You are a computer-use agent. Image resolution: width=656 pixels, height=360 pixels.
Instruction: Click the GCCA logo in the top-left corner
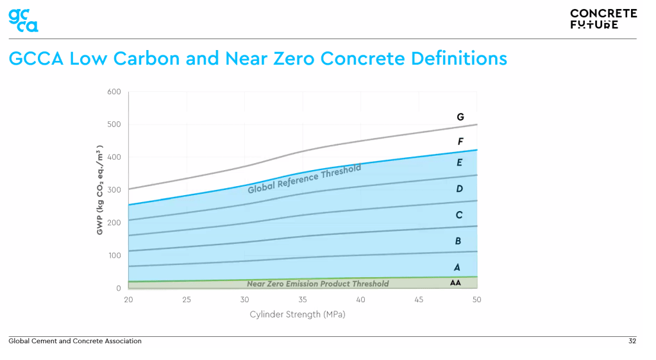23,19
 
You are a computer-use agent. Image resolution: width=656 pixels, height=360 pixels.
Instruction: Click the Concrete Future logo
603,19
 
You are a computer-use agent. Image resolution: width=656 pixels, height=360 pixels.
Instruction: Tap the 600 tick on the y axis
114,92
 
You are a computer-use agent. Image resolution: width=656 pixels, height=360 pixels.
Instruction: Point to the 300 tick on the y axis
114,190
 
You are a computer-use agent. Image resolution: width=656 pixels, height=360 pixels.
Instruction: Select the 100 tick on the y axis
114,255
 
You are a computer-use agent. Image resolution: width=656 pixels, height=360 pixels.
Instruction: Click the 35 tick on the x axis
303,300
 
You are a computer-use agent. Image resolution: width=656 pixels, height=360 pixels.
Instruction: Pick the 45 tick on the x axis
419,300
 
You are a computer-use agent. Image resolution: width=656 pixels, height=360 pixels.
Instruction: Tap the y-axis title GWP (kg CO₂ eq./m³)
101,189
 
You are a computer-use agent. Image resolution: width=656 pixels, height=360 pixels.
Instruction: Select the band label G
460,117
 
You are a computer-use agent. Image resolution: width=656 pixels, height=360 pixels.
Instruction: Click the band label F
460,141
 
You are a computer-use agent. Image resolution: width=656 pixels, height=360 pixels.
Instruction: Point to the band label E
459,163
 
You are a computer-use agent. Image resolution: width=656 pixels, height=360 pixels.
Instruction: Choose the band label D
459,189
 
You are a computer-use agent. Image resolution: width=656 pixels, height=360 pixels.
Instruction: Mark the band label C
459,215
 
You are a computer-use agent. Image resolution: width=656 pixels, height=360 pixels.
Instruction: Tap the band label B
458,241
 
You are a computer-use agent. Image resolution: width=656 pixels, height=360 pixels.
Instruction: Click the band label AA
455,282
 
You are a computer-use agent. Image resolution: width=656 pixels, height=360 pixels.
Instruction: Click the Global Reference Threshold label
305,179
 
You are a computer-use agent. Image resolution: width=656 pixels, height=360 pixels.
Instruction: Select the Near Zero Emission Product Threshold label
317,284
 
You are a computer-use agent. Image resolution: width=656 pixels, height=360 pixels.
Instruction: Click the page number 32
632,341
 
